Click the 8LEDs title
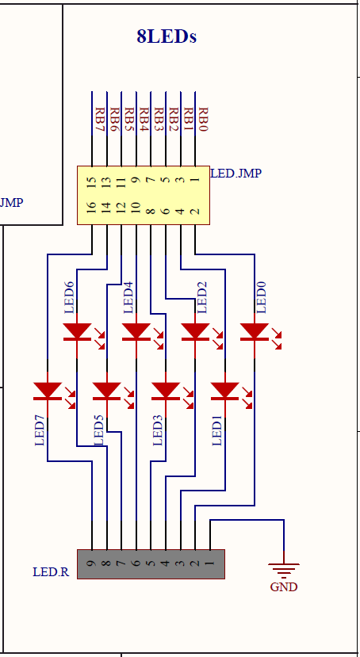pos(166,36)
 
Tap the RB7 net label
pos(99,122)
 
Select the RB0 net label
pos(202,122)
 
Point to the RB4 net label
pos(144,122)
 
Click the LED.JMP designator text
pos(236,173)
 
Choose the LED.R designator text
pos(51,571)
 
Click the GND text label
pos(283,587)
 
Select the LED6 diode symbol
pos(77,331)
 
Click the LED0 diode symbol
pos(255,331)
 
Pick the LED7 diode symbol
pos(48,391)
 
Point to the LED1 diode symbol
pos(225,391)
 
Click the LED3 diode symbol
pos(166,391)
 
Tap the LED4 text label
pos(128,296)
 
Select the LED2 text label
pos(201,296)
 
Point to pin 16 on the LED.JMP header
pos(92,208)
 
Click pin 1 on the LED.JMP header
pos(195,181)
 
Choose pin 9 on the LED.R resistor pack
pos(92,563)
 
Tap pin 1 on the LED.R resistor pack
pos(210,563)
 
